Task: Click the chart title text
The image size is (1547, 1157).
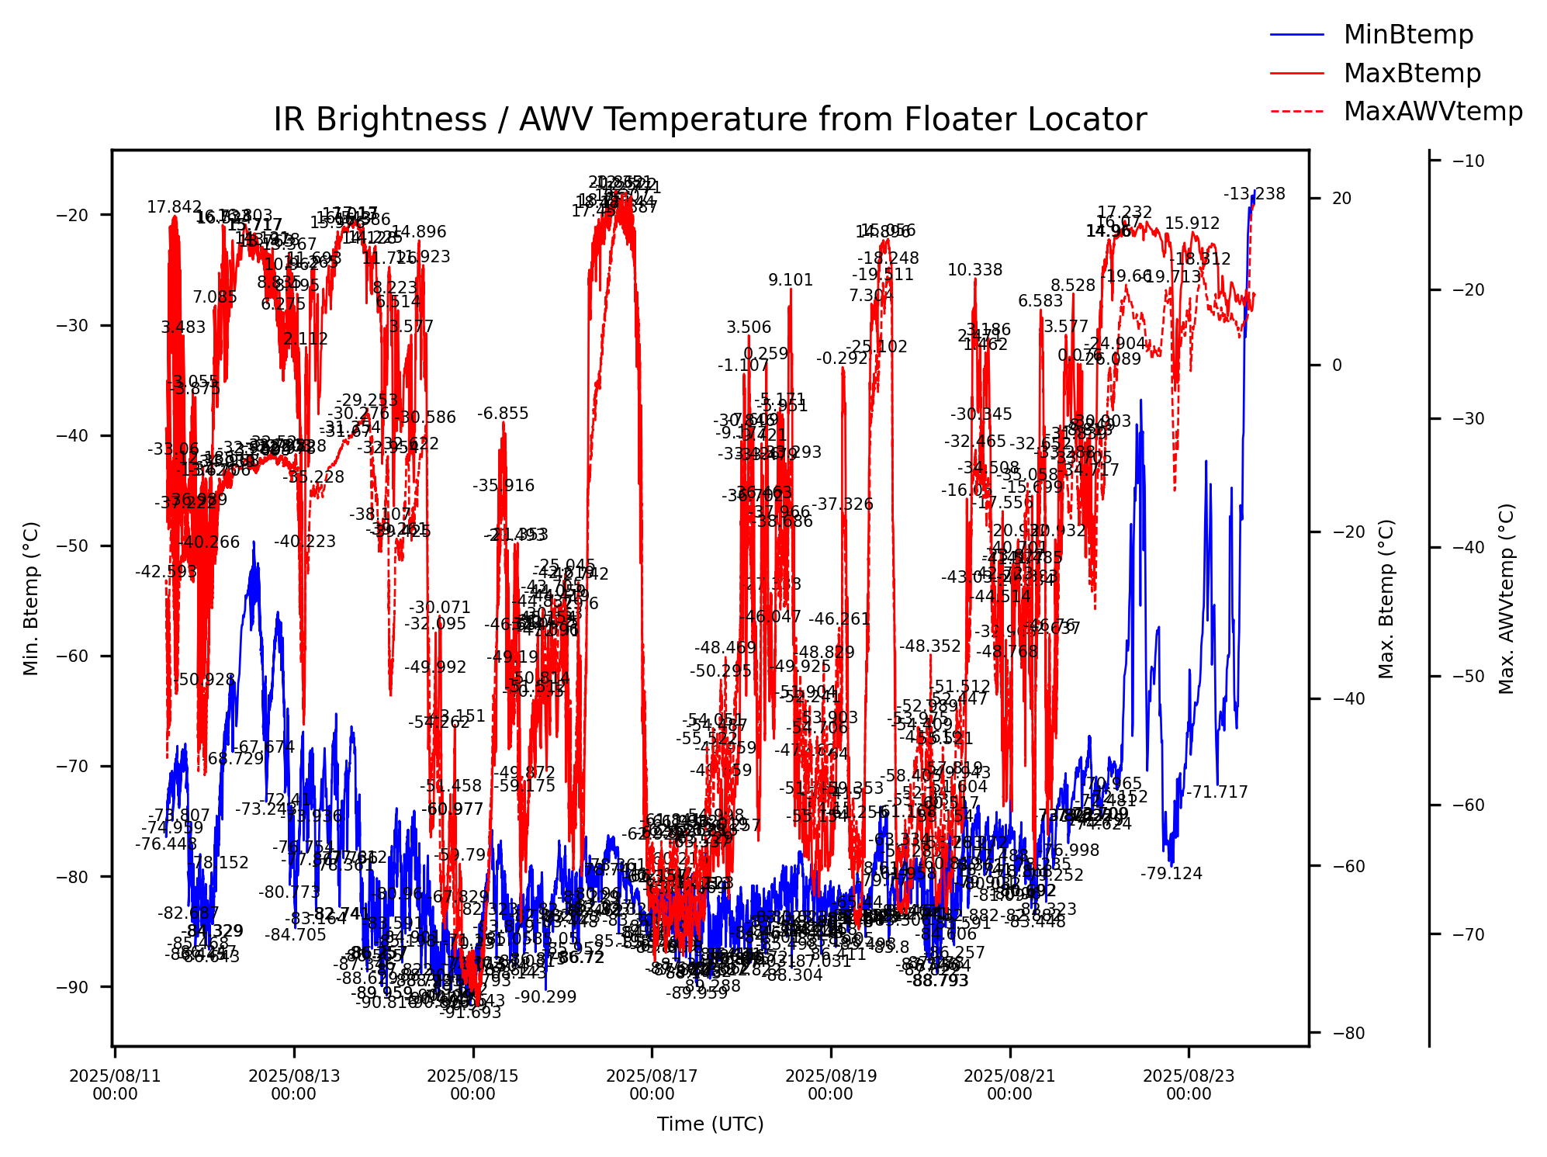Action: pos(710,120)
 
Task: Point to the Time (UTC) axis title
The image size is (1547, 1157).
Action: pos(710,1124)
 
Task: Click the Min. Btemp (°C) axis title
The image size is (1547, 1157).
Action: pos(31,598)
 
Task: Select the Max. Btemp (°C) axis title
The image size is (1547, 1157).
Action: pos(1386,599)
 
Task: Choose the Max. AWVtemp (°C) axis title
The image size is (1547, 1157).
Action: pos(1506,599)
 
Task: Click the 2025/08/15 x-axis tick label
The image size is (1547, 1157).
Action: pos(472,1084)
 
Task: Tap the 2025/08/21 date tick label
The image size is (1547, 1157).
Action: pos(1009,1084)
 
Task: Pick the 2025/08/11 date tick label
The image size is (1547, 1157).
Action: pos(115,1084)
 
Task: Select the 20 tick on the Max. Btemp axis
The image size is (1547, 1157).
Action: pos(1341,199)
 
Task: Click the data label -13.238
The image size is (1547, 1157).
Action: pos(1255,194)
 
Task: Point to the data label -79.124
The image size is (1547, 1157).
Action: pos(1171,874)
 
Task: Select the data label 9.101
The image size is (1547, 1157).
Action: pos(791,280)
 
